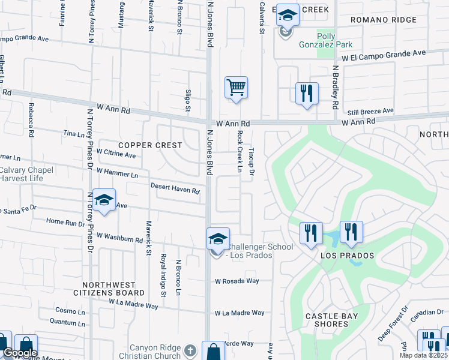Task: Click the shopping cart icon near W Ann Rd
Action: coord(236,88)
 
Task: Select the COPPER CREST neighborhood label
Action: coord(150,145)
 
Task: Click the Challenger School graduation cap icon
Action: coord(218,239)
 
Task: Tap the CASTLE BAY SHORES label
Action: coord(327,320)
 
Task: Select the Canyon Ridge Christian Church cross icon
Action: coord(190,350)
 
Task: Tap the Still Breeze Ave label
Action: coord(370,111)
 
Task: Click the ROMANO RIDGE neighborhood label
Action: coord(384,20)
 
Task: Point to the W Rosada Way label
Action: coord(237,281)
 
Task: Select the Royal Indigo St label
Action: coord(163,275)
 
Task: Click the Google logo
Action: coord(19,353)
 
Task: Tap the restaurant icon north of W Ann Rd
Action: coord(307,93)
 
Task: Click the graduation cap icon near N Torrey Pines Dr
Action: coord(104,201)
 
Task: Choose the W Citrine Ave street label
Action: coord(116,154)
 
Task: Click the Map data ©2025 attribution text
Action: coord(423,355)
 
